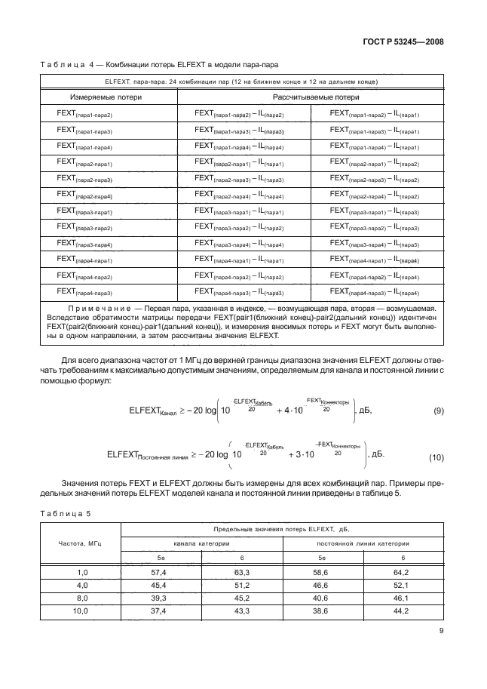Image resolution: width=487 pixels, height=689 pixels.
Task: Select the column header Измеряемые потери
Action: tap(102, 97)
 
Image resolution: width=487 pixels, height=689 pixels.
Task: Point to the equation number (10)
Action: tap(436, 457)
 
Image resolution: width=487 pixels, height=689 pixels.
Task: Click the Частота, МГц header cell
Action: tap(81, 542)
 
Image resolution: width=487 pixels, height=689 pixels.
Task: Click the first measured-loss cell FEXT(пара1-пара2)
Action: tap(84, 113)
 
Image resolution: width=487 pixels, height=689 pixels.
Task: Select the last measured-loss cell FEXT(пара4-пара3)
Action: tap(84, 291)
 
